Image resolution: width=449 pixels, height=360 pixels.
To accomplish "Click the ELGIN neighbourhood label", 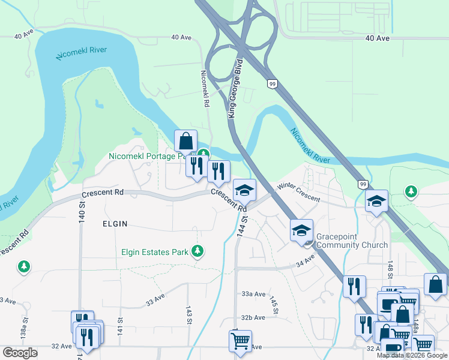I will pyautogui.click(x=115, y=223).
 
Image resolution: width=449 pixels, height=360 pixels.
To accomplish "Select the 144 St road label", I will pyautogui.click(x=242, y=222).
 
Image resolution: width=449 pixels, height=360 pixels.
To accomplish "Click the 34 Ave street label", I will pyautogui.click(x=306, y=261).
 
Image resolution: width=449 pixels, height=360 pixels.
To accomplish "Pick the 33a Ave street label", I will pyautogui.click(x=253, y=294).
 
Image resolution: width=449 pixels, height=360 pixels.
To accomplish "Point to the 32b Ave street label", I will pyautogui.click(x=253, y=317).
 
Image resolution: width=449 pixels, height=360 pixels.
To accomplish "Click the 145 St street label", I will pyautogui.click(x=274, y=305).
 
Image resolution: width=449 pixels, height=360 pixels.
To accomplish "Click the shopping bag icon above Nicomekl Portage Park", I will pyautogui.click(x=186, y=142).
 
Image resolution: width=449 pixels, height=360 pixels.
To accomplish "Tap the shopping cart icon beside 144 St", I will pyautogui.click(x=241, y=340).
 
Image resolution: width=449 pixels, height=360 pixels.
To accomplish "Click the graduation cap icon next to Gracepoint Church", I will pyautogui.click(x=302, y=230).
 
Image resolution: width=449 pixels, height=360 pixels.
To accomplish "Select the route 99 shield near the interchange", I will pyautogui.click(x=273, y=84).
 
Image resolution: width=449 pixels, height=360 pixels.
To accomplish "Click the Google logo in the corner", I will pyautogui.click(x=20, y=353).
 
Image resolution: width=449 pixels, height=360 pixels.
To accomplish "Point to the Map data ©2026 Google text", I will pyautogui.click(x=412, y=355).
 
